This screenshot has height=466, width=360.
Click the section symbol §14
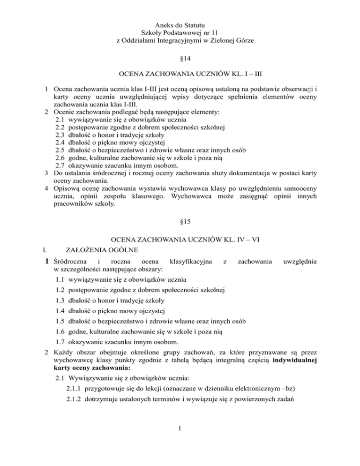click(180, 60)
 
